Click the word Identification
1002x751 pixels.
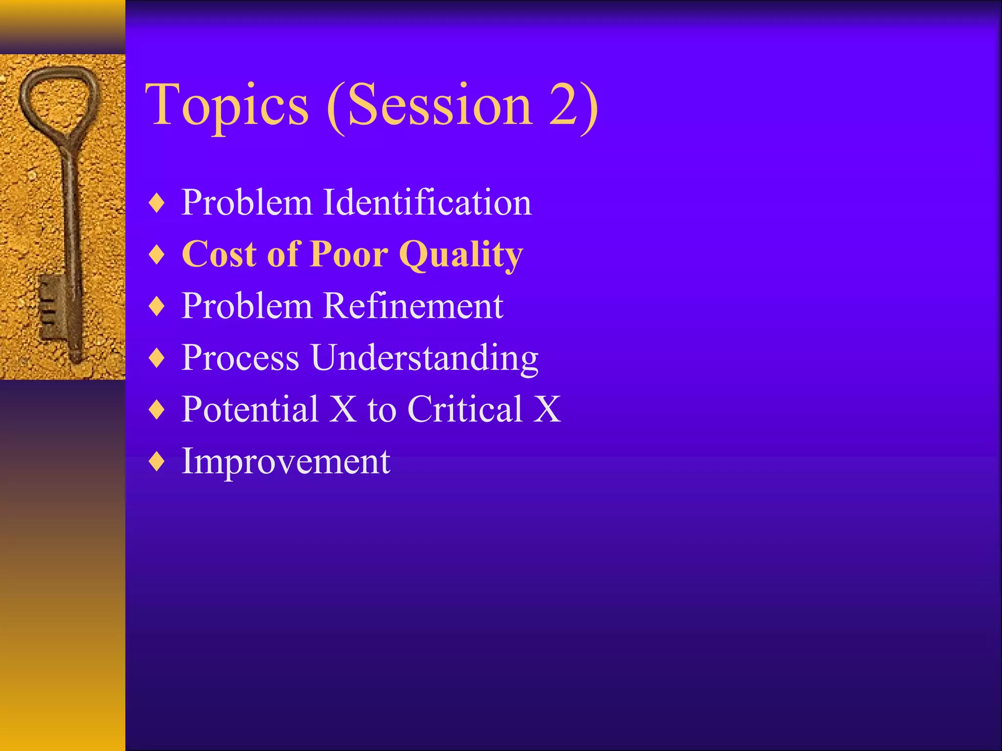click(x=427, y=202)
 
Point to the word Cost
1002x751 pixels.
click(x=219, y=254)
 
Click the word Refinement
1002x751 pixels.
click(x=413, y=306)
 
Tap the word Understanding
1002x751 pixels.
click(x=424, y=358)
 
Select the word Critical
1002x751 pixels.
click(x=465, y=409)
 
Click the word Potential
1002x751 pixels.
click(x=250, y=409)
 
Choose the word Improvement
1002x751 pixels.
click(x=286, y=461)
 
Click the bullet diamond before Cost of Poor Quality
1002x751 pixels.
click(x=157, y=255)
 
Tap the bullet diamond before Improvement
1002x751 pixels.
click(x=157, y=462)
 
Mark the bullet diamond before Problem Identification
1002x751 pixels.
click(x=157, y=203)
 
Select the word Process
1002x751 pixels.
click(x=240, y=358)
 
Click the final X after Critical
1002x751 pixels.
click(x=547, y=409)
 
